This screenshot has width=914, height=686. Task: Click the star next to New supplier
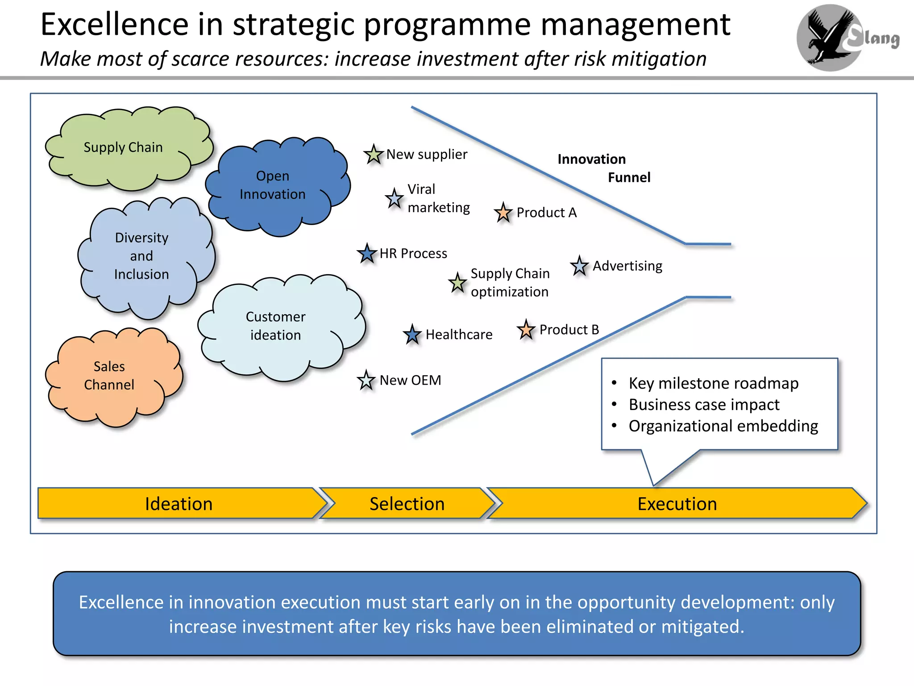pyautogui.click(x=374, y=155)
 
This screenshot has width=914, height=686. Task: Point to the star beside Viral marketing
pyautogui.click(x=394, y=199)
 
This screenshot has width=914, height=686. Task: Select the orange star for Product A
pyautogui.click(x=503, y=213)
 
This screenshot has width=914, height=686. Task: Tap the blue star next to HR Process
pyautogui.click(x=367, y=254)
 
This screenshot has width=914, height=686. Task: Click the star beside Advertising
pyautogui.click(x=579, y=266)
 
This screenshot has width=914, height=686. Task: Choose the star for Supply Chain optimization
pyautogui.click(x=457, y=283)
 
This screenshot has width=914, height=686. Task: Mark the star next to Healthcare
pyautogui.click(x=412, y=335)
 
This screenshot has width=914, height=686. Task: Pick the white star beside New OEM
pyautogui.click(x=366, y=381)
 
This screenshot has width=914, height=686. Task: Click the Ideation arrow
pyautogui.click(x=179, y=504)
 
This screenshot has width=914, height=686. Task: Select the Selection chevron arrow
pyautogui.click(x=407, y=504)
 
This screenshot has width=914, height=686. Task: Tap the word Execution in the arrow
pyautogui.click(x=677, y=504)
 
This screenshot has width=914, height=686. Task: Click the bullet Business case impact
pyautogui.click(x=704, y=405)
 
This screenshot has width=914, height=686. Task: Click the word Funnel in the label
pyautogui.click(x=629, y=178)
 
